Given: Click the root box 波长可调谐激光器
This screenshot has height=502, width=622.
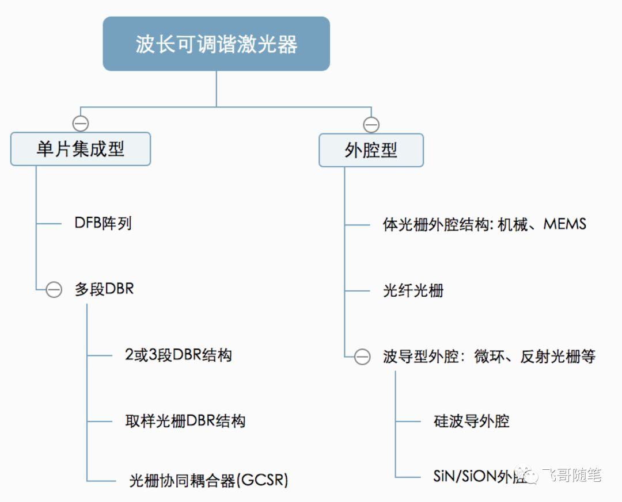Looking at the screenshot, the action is coord(216,44).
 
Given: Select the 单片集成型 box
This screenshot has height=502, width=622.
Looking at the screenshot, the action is coord(81,149).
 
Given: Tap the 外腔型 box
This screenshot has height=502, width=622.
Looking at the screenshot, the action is coord(371,150).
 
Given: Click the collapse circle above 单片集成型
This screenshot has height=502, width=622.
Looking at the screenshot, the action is coord(81,123).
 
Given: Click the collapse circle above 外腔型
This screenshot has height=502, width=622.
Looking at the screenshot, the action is coord(371,125).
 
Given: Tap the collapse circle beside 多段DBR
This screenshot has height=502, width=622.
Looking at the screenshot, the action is coord(54,289).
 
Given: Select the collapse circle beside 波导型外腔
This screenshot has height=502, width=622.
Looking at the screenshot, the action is coord(362,357).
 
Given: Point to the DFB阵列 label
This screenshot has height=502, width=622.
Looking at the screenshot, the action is coord(103,224).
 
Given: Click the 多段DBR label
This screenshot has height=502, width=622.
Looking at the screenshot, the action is coord(104,289).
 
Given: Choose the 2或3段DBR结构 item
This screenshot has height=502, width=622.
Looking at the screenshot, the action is coord(178,355).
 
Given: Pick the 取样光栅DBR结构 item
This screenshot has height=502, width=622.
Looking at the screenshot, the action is coord(185,421).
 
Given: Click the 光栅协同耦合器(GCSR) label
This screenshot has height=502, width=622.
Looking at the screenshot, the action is coord(208,480).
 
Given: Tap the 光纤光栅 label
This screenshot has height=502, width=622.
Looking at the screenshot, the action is coord(413,291).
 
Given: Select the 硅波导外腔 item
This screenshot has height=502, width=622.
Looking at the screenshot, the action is coord(471,421).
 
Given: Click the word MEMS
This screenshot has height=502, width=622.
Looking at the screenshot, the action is coord(565,224).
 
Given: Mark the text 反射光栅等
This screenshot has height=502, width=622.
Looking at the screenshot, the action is coord(557,357).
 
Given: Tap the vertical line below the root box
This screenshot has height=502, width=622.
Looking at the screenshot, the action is coord(216,89).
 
